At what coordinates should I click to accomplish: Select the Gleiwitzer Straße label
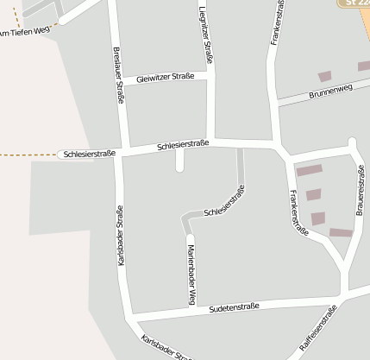165,79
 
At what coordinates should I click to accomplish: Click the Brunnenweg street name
330,90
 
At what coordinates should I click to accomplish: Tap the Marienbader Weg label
191,275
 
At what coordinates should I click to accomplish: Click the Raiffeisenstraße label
317,332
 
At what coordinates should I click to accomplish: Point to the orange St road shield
353,3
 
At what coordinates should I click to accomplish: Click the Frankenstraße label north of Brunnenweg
277,22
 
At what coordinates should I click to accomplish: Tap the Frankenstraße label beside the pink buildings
299,212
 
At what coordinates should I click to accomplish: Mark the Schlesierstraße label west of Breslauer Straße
86,154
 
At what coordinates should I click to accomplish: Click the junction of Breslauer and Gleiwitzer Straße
123,84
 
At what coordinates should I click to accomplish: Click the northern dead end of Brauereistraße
352,141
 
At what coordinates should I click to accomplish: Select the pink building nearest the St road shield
325,77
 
